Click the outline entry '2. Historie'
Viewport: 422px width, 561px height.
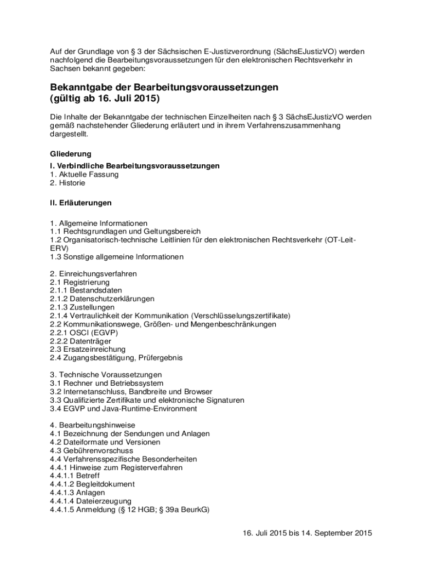pyautogui.click(x=67, y=183)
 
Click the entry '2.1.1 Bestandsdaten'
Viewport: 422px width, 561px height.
pyautogui.click(x=85, y=290)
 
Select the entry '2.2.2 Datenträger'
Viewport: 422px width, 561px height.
pyautogui.click(x=81, y=341)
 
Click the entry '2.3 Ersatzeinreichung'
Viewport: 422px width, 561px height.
pyautogui.click(x=88, y=349)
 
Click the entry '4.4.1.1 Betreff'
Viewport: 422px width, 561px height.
pyautogui.click(x=75, y=476)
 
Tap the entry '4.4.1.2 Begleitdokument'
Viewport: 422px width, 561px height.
pyautogui.click(x=92, y=484)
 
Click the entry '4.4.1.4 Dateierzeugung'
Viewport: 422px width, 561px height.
pyautogui.click(x=90, y=501)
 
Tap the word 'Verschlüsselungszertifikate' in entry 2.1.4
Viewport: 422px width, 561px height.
pyautogui.click(x=241, y=316)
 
